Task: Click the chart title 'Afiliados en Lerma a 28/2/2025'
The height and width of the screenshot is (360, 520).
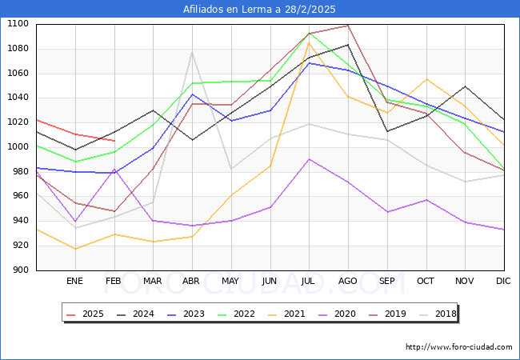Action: point(259,10)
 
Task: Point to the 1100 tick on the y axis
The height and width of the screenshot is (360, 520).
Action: point(18,24)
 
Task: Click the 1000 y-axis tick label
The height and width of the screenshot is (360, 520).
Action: point(18,147)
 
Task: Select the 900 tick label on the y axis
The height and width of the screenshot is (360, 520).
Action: point(20,270)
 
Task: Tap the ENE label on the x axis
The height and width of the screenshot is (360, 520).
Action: point(74,281)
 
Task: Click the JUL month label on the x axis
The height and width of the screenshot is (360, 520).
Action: point(309,281)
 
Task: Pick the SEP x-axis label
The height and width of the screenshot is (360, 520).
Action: point(387,281)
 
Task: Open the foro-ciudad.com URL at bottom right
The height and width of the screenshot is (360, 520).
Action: point(458,347)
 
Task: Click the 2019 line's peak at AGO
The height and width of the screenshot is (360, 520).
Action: point(348,26)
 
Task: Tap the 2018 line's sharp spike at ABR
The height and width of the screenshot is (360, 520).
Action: point(192,52)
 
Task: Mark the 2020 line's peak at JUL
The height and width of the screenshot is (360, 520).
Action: point(309,159)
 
